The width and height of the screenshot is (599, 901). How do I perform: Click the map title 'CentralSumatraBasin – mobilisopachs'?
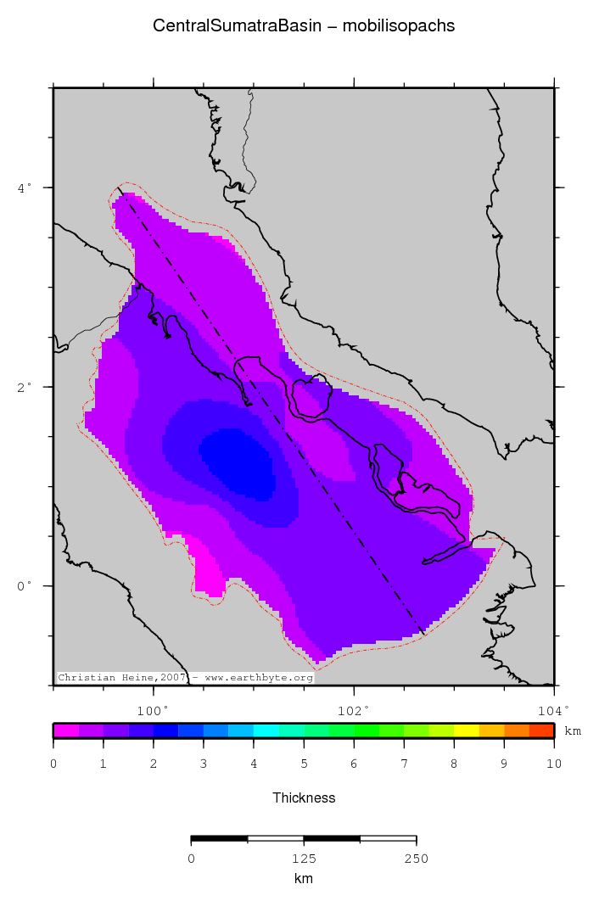coord(304,26)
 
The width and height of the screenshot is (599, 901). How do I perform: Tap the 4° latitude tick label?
coord(25,187)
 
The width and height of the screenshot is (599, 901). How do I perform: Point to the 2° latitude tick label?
coord(25,386)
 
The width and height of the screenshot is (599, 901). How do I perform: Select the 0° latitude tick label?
coord(25,585)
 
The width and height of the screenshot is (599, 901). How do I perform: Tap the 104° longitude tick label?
coord(552,710)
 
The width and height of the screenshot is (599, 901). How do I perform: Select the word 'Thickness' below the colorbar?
coord(304,797)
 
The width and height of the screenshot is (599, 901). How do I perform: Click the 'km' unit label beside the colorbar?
coord(573,730)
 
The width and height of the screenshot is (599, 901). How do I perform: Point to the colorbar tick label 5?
coord(304,765)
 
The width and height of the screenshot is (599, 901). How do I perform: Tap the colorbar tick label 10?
coord(553,765)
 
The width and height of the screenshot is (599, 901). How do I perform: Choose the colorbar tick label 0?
coord(53,765)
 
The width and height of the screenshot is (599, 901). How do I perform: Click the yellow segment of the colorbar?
coord(466,730)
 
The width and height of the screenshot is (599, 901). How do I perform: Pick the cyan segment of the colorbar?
coord(266,730)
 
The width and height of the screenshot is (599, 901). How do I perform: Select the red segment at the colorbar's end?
coord(541,730)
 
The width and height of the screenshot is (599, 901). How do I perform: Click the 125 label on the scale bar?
coord(304,859)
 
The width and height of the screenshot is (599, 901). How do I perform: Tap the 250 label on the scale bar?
coord(416,859)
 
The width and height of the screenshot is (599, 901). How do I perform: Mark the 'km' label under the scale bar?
coord(304,879)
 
